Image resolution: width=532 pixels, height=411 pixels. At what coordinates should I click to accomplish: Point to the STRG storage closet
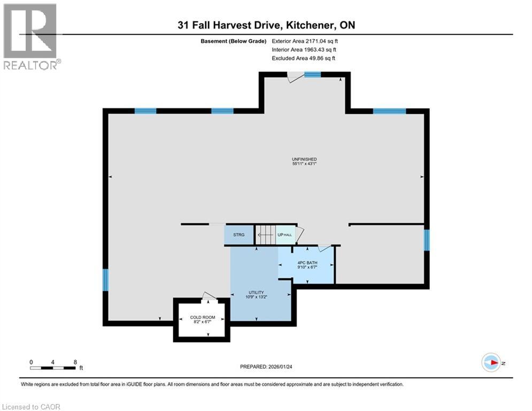[x=238, y=235]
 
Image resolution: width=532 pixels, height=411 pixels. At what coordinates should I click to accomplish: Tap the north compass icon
[x=491, y=363]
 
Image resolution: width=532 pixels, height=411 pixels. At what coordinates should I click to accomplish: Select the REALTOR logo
[x=31, y=36]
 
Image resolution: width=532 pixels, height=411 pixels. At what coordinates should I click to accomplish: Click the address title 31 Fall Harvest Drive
[x=266, y=25]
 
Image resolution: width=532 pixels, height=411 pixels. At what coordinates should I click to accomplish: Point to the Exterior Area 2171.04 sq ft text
[x=305, y=40]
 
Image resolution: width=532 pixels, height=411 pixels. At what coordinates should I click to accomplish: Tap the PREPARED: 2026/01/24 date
[x=266, y=367]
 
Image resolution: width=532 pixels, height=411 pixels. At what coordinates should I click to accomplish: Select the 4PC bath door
[x=324, y=248]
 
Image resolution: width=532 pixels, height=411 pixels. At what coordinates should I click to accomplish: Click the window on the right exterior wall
[x=426, y=240]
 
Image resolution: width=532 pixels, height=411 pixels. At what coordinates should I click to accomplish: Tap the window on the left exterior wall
[x=105, y=280]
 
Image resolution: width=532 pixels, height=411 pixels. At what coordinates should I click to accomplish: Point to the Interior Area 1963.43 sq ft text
[x=304, y=49]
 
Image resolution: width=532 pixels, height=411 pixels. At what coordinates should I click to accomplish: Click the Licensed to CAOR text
[x=31, y=407]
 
